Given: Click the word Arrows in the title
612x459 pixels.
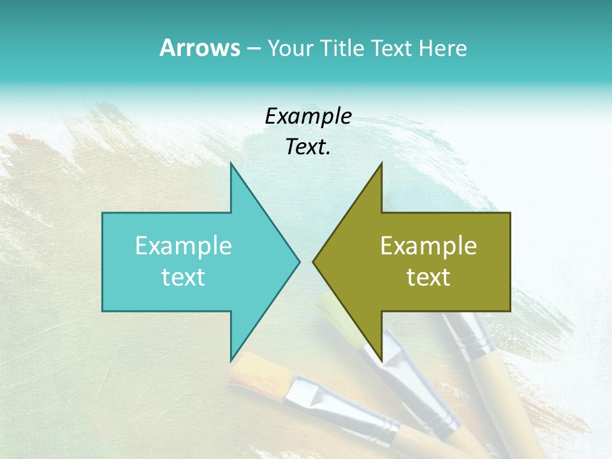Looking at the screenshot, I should pyautogui.click(x=199, y=48).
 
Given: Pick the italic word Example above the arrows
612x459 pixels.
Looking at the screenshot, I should pyautogui.click(x=308, y=116).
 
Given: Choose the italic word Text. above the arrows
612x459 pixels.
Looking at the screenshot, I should pyautogui.click(x=308, y=147).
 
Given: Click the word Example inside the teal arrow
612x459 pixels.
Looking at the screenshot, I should pyautogui.click(x=184, y=245).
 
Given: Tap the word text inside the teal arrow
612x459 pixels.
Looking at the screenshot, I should pyautogui.click(x=184, y=277).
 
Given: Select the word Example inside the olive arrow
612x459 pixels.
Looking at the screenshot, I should pyautogui.click(x=428, y=245).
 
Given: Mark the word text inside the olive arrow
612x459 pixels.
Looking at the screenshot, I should pyautogui.click(x=428, y=277).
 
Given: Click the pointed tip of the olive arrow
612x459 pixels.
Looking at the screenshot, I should pyautogui.click(x=314, y=261).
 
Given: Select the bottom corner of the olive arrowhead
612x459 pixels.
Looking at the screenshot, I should pyautogui.click(x=381, y=360).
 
